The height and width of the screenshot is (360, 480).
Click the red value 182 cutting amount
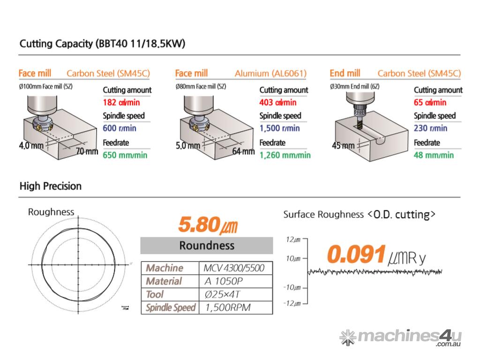[x=121, y=102]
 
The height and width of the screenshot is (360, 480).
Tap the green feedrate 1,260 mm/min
[x=285, y=155]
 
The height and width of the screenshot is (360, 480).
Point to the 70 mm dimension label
[x=87, y=151]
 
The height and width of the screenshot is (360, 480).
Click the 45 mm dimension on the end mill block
[x=343, y=146]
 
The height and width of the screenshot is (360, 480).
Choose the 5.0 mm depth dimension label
[x=187, y=146]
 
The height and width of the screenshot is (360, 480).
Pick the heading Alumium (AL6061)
[x=270, y=73]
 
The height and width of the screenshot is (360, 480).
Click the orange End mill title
[x=345, y=73]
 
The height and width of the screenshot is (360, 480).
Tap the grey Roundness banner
[x=207, y=245]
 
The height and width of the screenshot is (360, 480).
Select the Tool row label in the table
[x=155, y=294]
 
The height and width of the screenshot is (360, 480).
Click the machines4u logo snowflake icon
[x=347, y=337]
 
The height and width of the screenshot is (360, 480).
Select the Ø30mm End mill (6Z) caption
[x=355, y=86]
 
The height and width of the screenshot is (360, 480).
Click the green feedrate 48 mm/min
[x=434, y=155]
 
